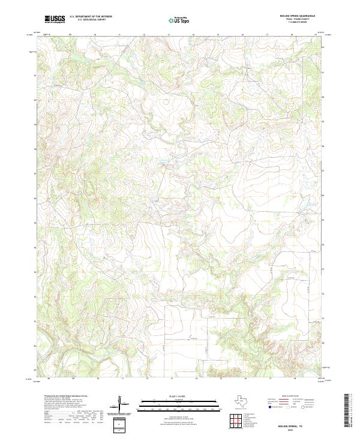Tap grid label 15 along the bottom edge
click(220, 379)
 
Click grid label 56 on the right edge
click(322, 195)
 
